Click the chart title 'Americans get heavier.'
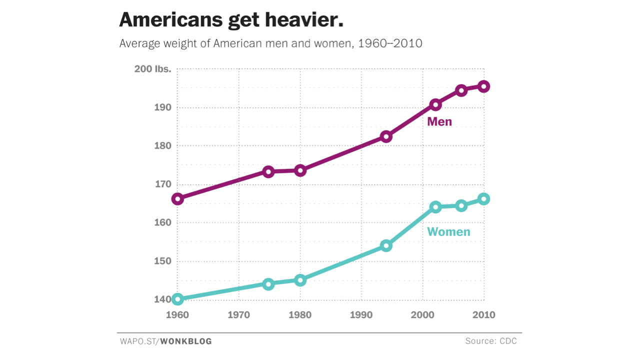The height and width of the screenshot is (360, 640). (x=231, y=20)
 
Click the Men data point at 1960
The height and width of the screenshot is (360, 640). (x=177, y=199)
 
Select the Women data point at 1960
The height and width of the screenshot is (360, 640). (x=177, y=299)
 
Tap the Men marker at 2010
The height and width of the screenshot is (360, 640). (x=483, y=86)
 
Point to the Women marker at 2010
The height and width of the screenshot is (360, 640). (x=483, y=199)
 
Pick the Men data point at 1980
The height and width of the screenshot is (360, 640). (x=300, y=170)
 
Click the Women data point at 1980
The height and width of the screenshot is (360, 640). (x=300, y=280)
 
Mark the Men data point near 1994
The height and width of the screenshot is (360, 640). (x=386, y=136)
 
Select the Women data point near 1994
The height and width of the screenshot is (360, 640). (x=386, y=245)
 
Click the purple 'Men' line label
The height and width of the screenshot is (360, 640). (x=439, y=122)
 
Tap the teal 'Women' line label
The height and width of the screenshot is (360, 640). (x=448, y=232)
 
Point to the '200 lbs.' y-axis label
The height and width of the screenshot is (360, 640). (x=152, y=69)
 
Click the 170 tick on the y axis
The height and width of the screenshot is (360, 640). (x=162, y=184)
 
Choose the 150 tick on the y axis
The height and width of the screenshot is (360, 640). (x=162, y=261)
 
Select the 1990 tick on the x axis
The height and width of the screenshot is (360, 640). (x=361, y=315)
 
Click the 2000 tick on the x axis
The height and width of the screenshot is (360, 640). (x=422, y=315)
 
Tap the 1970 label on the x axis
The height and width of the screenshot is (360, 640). (x=238, y=315)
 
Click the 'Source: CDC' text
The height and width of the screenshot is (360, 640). (x=490, y=341)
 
